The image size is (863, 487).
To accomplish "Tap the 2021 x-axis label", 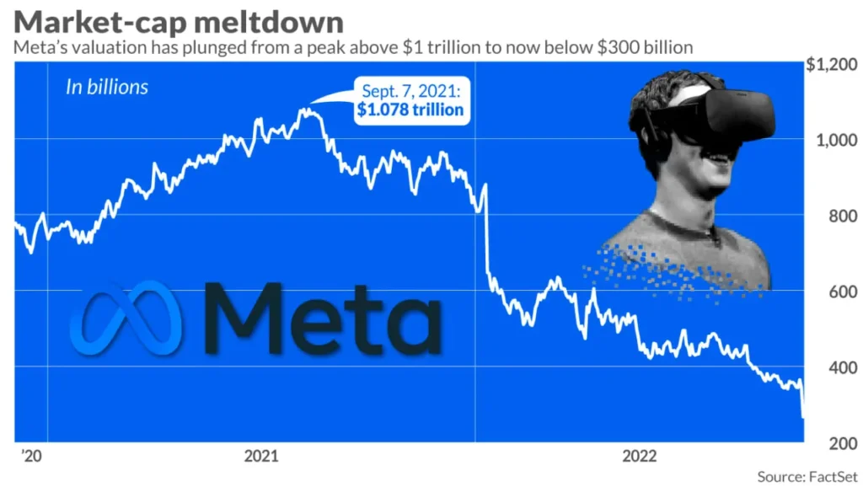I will pos(262,457).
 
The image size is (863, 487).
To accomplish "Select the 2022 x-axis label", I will pos(640,457).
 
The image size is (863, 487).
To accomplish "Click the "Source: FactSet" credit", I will pos(806,477).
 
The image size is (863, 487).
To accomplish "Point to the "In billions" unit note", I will pos(107,87).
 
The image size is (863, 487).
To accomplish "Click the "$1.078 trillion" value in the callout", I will pos(410,110).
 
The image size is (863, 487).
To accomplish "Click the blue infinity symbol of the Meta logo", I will pos(126,318).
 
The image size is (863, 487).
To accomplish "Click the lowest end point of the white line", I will pos(802,416).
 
